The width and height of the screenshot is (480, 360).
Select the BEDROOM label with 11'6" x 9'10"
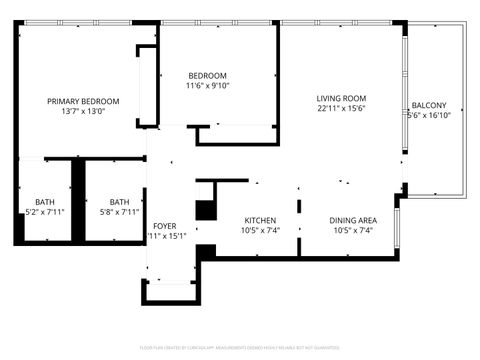208,76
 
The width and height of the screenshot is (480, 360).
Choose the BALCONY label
429,105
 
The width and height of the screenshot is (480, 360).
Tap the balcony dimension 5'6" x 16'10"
430,116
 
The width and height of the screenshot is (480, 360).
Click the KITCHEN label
261,220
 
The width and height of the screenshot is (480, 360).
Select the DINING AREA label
353,220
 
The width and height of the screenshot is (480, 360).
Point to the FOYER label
165,226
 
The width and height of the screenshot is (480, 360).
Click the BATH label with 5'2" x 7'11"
45,201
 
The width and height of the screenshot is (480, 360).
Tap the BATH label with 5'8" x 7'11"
119,201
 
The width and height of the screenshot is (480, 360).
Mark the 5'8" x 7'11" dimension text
119,212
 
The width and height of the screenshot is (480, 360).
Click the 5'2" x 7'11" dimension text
45,212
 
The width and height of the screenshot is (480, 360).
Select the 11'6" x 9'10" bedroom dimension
208,87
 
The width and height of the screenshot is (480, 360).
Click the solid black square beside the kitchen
206,211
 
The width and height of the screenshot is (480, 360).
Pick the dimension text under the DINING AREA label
353,231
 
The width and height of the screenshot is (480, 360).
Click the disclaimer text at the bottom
240,349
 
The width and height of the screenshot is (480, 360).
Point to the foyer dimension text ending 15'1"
167,237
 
